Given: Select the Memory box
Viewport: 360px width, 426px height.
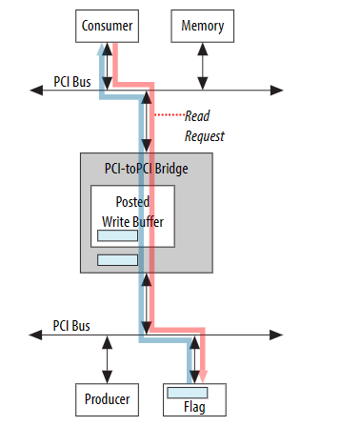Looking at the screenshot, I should [x=202, y=27].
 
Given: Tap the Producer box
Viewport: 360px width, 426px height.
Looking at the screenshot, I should [x=106, y=398].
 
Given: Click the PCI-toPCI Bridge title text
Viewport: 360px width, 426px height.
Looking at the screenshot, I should [x=147, y=169].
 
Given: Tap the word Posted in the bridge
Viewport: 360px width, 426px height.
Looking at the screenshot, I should [x=132, y=203].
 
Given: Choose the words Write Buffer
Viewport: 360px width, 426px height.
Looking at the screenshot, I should [x=132, y=221].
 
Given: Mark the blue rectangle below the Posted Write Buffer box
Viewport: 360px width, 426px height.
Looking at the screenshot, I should [x=118, y=259].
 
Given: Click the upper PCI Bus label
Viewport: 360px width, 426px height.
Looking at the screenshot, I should [x=72, y=81].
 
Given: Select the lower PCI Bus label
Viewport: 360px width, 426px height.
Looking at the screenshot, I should [x=72, y=326].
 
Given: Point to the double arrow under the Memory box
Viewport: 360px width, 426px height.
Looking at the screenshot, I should [x=202, y=66].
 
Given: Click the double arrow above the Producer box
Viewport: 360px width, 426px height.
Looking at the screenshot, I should [x=106, y=359].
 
